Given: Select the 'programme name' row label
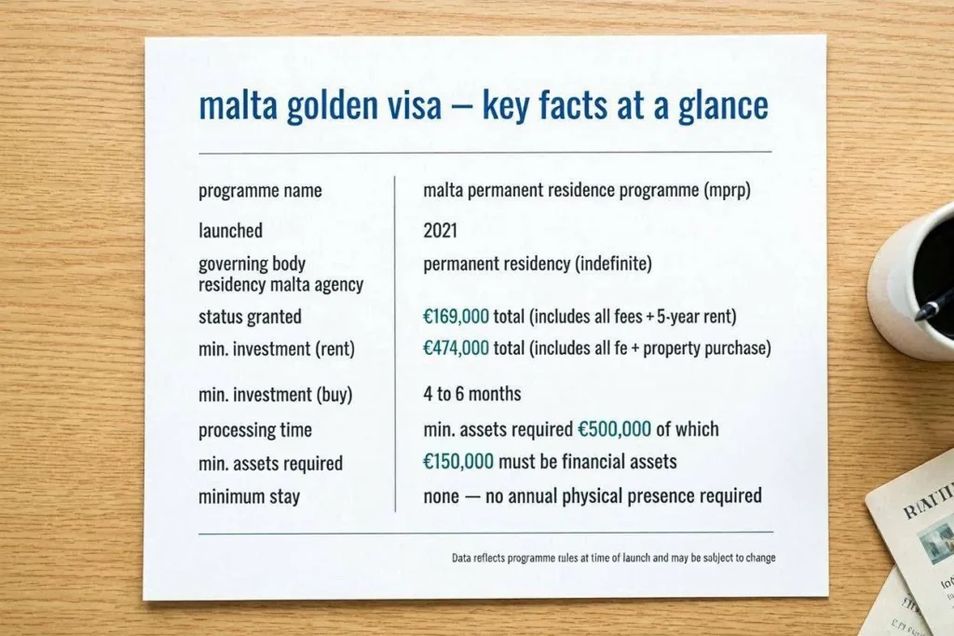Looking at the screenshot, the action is tap(260, 191).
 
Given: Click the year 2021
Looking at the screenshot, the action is tap(440, 230).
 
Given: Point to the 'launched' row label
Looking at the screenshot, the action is tap(231, 230).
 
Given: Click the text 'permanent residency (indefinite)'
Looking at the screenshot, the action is tap(538, 264).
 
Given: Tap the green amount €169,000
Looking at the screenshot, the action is tap(456, 317).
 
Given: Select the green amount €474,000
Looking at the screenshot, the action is tap(456, 347).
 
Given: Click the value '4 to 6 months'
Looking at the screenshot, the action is tap(472, 393).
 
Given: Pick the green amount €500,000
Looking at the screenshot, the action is tap(614, 429).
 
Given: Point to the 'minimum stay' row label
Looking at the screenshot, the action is tap(250, 496).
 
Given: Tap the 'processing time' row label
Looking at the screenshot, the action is tap(255, 430).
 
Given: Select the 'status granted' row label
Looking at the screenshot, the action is tap(250, 317).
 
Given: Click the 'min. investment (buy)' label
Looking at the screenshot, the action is tap(276, 395).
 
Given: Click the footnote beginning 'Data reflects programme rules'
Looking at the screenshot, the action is tap(613, 558).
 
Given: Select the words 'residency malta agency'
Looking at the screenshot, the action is tap(280, 285).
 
